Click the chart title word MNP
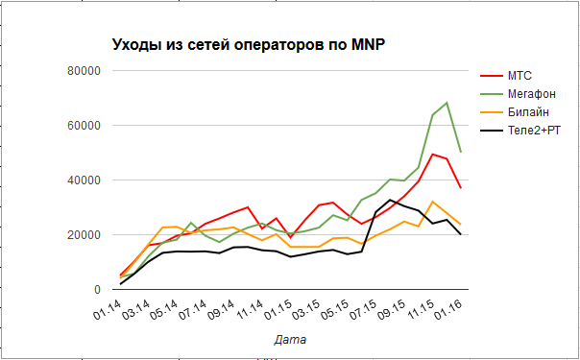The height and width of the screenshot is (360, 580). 366,44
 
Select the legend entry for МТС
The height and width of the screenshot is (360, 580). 520,75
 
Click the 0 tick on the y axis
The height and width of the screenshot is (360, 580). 97,290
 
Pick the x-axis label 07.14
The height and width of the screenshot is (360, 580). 193,311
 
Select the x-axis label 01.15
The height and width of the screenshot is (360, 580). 279,311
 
